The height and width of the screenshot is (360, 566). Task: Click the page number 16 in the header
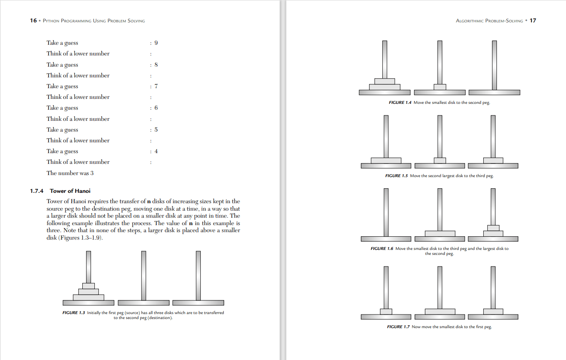click(33, 21)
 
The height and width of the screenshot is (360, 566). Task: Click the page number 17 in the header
click(533, 21)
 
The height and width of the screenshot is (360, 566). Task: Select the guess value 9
click(156, 43)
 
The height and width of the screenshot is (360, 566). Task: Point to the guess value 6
click(156, 108)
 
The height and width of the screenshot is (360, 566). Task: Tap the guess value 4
click(156, 151)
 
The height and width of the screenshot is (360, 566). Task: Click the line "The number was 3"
click(70, 173)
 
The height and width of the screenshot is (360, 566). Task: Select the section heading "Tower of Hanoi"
click(70, 191)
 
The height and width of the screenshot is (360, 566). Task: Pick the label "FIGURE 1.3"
click(74, 313)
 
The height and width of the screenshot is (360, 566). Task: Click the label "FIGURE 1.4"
click(400, 103)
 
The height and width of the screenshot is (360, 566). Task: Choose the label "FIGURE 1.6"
click(381, 249)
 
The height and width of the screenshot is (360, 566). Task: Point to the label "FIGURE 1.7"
click(398, 327)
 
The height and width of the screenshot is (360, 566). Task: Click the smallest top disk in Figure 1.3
click(89, 286)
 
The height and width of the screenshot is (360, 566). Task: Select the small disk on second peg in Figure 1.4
click(440, 87)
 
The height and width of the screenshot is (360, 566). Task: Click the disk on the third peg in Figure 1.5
click(493, 161)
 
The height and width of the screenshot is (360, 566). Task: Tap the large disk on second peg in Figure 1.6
click(440, 234)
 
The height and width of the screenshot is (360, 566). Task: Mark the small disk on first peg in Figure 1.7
click(386, 312)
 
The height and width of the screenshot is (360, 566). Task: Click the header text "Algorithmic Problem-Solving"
click(489, 21)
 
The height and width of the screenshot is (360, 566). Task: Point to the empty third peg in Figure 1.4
click(494, 65)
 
